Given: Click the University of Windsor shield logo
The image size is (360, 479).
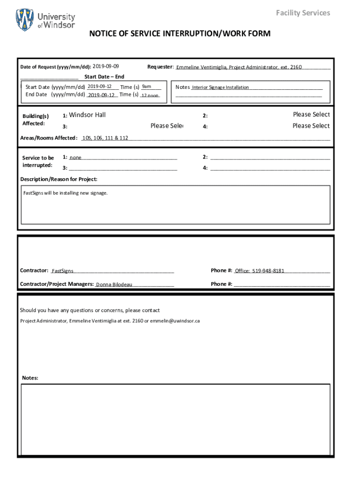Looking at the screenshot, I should coord(25,20).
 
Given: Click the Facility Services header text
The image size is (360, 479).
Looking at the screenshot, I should coord(302,13).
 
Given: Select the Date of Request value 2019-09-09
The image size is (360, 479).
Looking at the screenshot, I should coord(106,66).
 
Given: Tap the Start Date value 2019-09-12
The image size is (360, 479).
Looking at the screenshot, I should coord(99,87).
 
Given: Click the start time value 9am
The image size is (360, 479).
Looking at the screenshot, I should coord(146,87).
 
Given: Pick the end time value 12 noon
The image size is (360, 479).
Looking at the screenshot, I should coord(150,95).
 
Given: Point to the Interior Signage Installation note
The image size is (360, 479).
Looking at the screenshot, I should coord(221,87).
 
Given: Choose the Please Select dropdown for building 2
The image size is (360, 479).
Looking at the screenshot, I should coord(311,115).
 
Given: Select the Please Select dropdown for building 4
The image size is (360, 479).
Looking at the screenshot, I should coord(311,126).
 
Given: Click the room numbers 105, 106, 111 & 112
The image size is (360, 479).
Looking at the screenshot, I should coord(105,138).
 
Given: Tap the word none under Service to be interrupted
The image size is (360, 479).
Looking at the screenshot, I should coord(76,158).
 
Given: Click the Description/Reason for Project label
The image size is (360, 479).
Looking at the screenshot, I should coord(59,179).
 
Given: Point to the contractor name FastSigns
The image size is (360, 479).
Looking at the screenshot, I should coord(62,271).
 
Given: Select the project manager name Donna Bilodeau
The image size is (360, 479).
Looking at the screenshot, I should coord(114,284).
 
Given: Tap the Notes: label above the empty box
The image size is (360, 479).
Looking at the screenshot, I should coord(30,378).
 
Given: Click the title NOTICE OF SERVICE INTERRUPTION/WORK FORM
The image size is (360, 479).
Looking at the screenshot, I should coord(180,34).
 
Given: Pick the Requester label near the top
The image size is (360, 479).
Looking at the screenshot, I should coord(160,67).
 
